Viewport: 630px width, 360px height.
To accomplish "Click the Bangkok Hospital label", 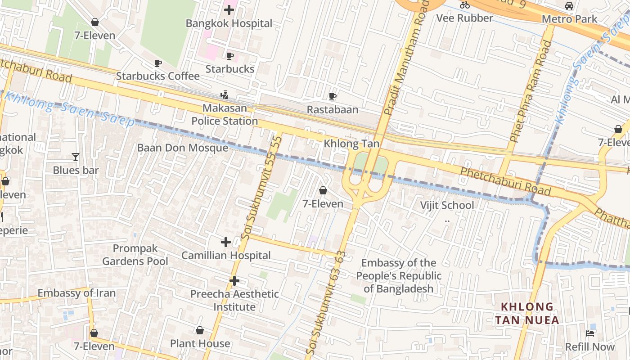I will click(x=229, y=23).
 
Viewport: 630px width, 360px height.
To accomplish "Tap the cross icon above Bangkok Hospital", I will click(x=229, y=9).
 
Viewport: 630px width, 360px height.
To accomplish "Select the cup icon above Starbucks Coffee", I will click(x=157, y=63).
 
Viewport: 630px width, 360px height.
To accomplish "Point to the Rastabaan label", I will click(x=333, y=109).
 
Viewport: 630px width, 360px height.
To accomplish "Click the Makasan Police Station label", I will click(x=225, y=114).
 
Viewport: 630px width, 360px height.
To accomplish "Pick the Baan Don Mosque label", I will click(x=182, y=148).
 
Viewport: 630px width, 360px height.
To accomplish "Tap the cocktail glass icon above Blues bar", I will click(x=76, y=157).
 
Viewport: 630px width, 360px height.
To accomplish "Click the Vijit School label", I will click(x=447, y=205).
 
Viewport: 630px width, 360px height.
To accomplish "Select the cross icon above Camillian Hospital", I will click(x=226, y=243).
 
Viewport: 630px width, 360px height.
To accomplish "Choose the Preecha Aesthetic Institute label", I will click(x=234, y=300).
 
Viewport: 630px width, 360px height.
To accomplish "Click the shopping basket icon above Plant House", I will click(x=200, y=331).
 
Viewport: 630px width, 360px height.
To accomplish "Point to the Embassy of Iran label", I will click(x=76, y=293).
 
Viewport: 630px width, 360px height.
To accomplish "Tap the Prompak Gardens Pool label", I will click(x=135, y=255).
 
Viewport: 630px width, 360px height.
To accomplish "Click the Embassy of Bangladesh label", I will click(x=399, y=275).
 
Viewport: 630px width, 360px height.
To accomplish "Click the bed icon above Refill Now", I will click(x=590, y=333).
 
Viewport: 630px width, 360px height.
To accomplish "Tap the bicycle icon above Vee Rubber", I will click(x=465, y=5).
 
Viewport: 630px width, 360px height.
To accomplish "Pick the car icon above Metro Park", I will click(x=569, y=6).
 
